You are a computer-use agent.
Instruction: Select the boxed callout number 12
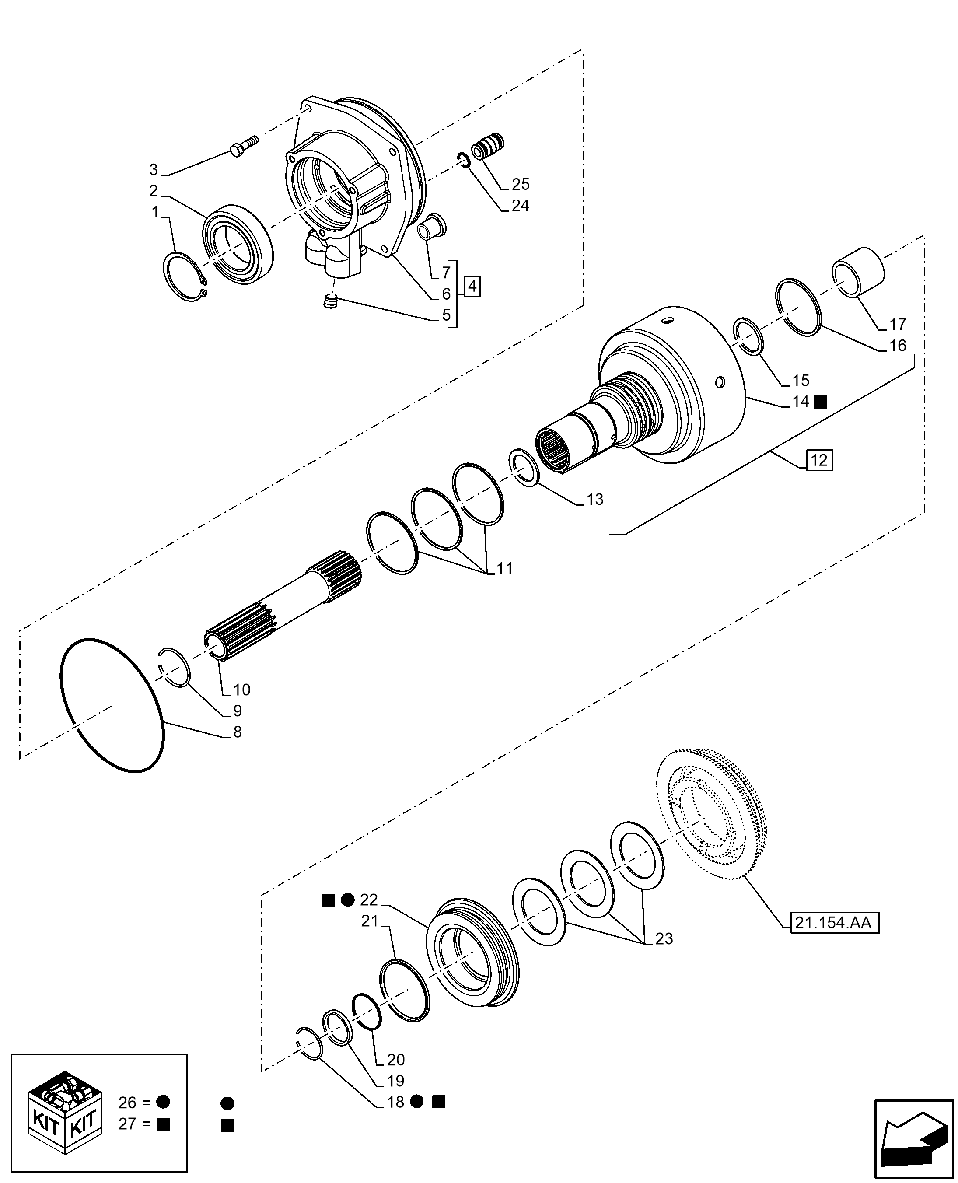click(819, 460)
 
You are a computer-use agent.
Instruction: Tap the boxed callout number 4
click(472, 287)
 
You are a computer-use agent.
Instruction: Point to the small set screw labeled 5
click(330, 302)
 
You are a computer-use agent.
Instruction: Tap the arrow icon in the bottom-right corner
click(913, 1137)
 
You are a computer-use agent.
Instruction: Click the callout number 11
click(504, 568)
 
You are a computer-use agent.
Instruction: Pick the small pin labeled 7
click(433, 226)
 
